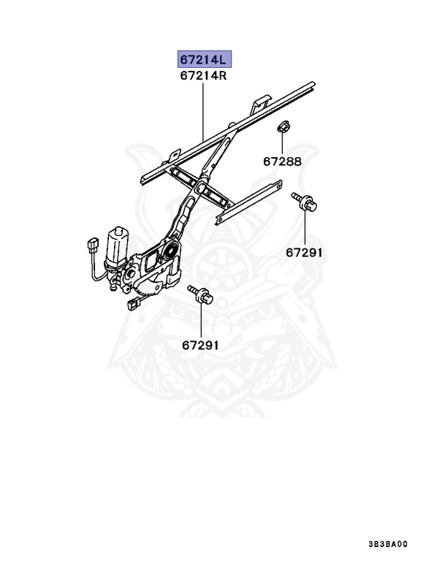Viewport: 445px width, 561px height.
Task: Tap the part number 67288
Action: click(x=282, y=162)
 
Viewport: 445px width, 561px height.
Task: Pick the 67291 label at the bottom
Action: click(x=200, y=345)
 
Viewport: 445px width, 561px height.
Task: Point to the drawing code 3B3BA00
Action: click(x=388, y=545)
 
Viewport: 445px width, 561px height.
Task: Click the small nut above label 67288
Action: click(x=282, y=129)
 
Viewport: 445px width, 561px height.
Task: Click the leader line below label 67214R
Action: click(x=203, y=110)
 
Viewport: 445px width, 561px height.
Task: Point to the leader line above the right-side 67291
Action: click(x=304, y=228)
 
